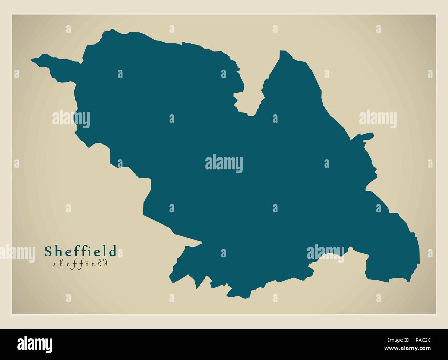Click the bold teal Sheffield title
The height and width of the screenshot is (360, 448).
click(x=81, y=251)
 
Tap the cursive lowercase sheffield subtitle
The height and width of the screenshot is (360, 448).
click(x=81, y=264)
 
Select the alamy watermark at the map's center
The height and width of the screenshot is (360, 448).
click(x=224, y=164)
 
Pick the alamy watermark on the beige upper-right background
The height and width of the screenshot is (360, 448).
click(x=378, y=119)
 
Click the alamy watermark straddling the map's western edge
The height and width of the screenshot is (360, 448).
click(x=71, y=119)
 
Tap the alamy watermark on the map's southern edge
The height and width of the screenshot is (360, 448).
click(x=326, y=253)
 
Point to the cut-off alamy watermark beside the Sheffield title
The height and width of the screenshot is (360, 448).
click(x=17, y=252)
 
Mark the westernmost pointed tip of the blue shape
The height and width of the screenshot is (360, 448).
click(x=32, y=60)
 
